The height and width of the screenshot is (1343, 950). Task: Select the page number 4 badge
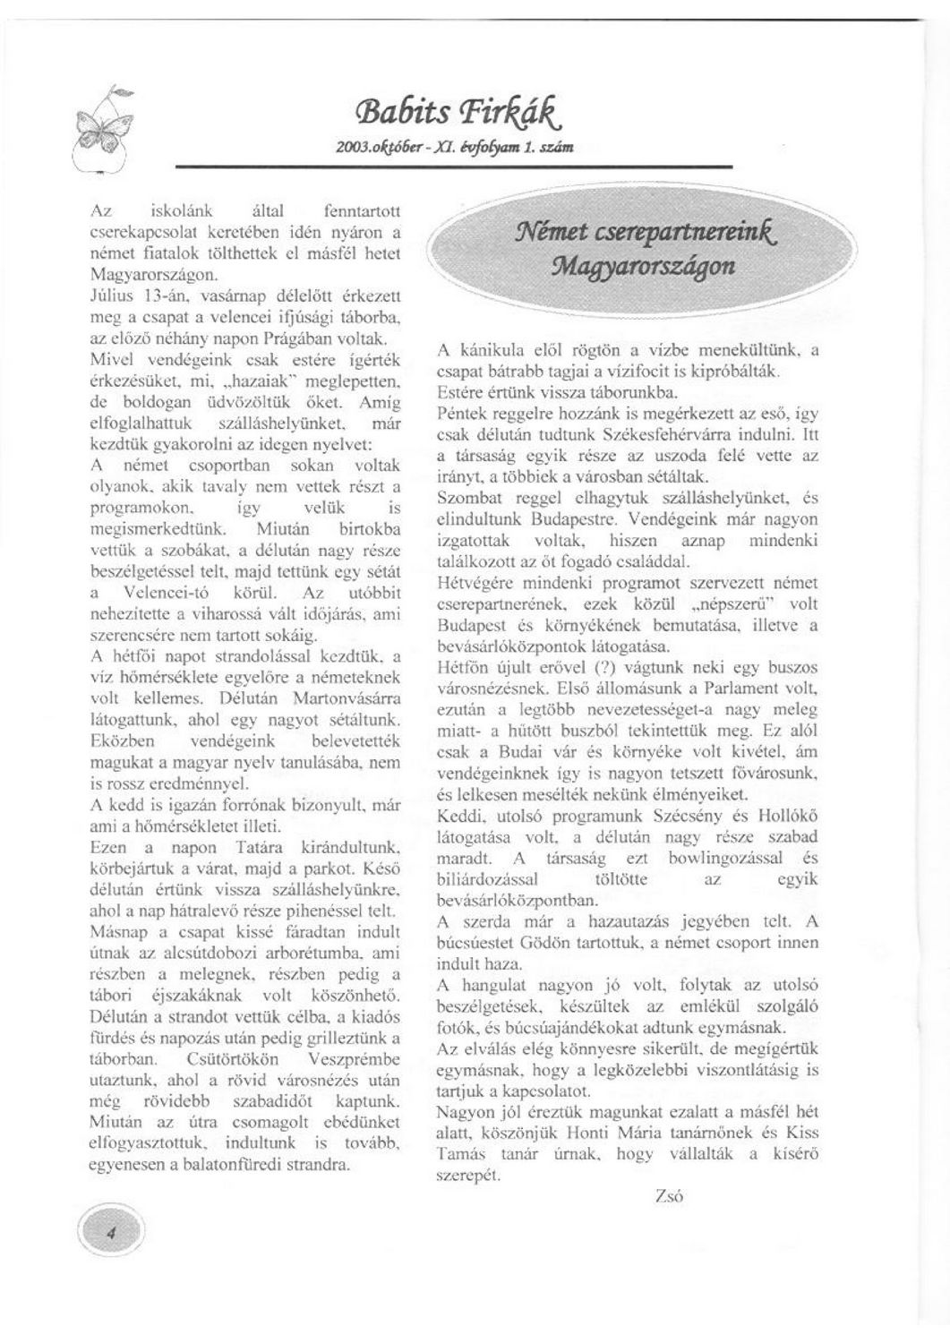click(111, 1234)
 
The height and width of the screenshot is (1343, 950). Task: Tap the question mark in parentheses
click(603, 668)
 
